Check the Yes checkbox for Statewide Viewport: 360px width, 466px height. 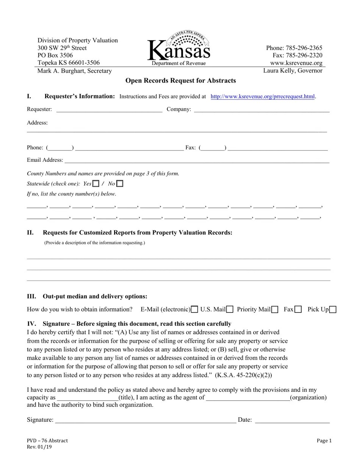[x=96, y=184]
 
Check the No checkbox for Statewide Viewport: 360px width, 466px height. [x=120, y=184]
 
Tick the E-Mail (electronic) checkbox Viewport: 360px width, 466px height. [x=194, y=310]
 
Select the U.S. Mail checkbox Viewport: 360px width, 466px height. [x=230, y=310]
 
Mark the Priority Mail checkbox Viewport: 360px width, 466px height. [x=275, y=310]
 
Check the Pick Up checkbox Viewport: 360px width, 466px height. [x=333, y=310]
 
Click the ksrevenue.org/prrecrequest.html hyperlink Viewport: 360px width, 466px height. [x=262, y=97]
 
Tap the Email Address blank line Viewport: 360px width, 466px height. [x=197, y=161]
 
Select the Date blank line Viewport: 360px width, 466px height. [x=292, y=421]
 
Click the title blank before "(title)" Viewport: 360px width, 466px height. [x=87, y=398]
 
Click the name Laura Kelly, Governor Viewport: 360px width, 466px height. [x=293, y=71]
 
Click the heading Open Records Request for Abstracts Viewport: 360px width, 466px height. [x=180, y=81]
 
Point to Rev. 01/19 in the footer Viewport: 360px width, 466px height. [x=39, y=447]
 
